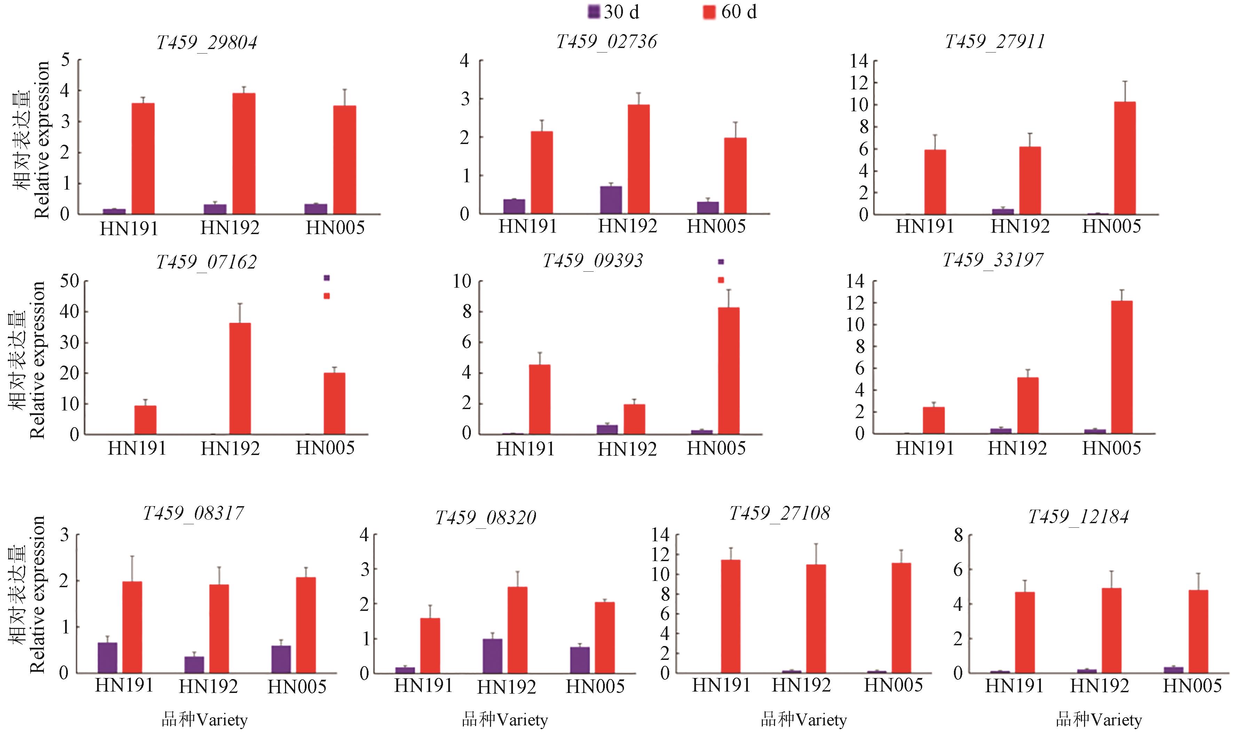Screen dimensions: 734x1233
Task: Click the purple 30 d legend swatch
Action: click(x=594, y=11)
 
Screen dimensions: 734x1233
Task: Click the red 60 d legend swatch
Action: click(x=710, y=11)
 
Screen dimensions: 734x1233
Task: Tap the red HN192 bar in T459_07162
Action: click(x=240, y=378)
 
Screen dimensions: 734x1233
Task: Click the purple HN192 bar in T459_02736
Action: click(x=611, y=200)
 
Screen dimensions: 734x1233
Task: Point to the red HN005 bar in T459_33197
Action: click(x=1122, y=367)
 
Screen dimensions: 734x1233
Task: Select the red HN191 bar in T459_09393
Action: click(x=540, y=399)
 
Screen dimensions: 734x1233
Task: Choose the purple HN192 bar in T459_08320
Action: click(x=492, y=656)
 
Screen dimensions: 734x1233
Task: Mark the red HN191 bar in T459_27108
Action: click(x=731, y=616)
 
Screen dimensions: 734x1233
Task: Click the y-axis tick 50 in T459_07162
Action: click(x=69, y=281)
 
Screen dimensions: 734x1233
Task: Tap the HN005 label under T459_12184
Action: click(x=1192, y=686)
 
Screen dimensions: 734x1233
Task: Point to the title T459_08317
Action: click(x=193, y=513)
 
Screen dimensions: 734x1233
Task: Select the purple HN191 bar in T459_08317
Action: click(x=108, y=657)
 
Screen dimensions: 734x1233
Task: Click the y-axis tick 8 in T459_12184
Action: click(x=958, y=535)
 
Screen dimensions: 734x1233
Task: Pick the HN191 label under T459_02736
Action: click(x=528, y=226)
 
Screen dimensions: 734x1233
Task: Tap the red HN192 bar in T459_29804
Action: click(x=244, y=153)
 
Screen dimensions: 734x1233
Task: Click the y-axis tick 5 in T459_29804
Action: click(x=65, y=60)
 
